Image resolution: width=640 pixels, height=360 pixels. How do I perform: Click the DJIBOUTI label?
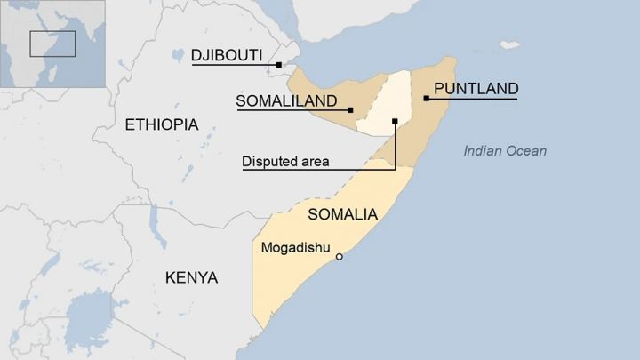[x=227, y=56]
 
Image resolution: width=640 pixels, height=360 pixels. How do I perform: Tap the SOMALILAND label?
[x=286, y=100]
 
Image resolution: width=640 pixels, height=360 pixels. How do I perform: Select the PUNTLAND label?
[x=476, y=89]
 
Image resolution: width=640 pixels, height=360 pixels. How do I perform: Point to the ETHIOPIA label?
[x=161, y=124]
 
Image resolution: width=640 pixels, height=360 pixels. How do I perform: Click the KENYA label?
[x=191, y=278]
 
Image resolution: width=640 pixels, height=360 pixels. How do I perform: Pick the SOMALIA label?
[x=342, y=214]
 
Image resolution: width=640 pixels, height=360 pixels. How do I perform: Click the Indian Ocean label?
[x=505, y=151]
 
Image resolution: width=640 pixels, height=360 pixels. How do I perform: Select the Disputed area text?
[x=285, y=162]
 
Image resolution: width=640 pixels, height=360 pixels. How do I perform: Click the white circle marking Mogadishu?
[x=339, y=257]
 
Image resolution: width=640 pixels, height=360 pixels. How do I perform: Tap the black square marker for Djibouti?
[x=278, y=65]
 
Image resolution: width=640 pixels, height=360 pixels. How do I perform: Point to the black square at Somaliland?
[x=350, y=110]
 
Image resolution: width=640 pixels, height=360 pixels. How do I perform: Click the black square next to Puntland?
[x=427, y=98]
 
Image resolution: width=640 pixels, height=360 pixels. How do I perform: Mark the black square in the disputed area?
[x=395, y=121]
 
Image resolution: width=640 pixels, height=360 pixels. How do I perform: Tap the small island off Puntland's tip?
[x=509, y=44]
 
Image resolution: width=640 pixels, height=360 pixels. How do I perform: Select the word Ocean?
[x=527, y=151]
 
